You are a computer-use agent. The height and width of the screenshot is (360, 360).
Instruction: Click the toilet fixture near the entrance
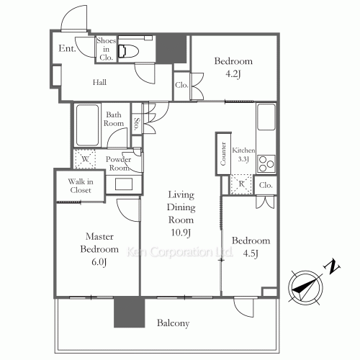tap(128, 51)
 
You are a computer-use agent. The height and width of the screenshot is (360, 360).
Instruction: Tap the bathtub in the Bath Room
tap(87, 125)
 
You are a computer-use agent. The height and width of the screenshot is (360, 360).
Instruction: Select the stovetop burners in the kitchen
tap(266, 164)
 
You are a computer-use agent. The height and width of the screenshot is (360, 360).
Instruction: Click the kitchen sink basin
tap(266, 117)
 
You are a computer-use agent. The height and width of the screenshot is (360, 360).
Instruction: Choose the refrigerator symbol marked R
tap(241, 184)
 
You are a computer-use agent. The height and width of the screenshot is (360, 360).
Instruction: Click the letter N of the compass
tap(332, 266)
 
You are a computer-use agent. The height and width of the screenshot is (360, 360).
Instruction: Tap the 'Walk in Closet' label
tap(81, 186)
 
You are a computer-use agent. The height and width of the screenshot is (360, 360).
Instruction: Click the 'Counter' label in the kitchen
tap(223, 153)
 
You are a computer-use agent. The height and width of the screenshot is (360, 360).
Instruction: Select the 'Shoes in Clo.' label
tap(106, 49)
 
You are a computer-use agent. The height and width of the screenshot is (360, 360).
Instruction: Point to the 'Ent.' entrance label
tap(67, 48)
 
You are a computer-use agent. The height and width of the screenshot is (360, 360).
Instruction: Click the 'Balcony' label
tap(173, 323)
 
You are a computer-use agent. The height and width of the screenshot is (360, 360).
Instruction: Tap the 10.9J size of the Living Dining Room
tap(181, 233)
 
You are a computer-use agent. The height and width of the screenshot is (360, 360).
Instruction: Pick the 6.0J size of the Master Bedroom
tap(99, 262)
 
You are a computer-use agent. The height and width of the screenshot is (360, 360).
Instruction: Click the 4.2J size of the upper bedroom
tap(233, 73)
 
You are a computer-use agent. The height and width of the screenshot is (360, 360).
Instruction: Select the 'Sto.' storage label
tap(137, 124)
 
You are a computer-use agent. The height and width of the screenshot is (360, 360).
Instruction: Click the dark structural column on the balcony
tap(129, 312)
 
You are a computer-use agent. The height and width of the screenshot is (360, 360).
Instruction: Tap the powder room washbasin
tap(124, 184)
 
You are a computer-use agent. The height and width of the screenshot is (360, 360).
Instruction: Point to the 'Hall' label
tap(99, 82)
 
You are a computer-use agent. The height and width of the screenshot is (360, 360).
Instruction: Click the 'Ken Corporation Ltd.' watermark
tap(179, 252)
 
